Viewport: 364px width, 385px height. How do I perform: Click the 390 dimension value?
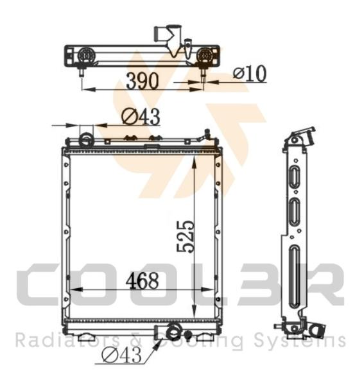pos(143,81)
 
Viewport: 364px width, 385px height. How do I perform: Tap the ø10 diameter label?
pos(250,73)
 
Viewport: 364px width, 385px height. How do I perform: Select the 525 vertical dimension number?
pos(186,236)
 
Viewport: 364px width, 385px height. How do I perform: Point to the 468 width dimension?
pos(143,280)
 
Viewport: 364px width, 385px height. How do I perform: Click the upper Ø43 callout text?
pos(141,117)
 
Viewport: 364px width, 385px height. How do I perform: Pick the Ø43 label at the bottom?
pos(122,355)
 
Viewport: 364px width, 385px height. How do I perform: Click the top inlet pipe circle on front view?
pos(86,139)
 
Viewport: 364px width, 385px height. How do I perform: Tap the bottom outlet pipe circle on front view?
pos(172,332)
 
